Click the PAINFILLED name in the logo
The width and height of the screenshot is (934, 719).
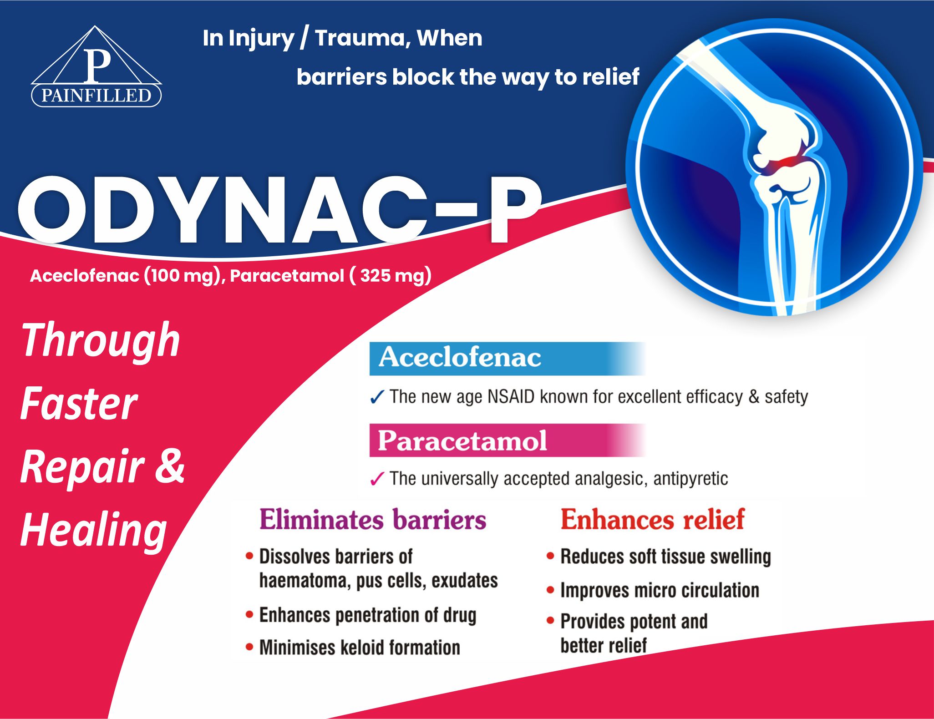(96, 96)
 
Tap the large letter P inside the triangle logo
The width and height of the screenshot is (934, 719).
(97, 65)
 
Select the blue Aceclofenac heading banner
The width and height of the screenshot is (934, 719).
(507, 358)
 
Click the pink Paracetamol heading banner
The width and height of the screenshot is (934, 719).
(507, 440)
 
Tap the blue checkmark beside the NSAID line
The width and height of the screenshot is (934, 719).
(377, 397)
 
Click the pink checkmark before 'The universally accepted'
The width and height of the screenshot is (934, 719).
(377, 479)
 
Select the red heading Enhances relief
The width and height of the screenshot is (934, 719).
(652, 519)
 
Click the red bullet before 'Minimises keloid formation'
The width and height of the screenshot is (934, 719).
(249, 647)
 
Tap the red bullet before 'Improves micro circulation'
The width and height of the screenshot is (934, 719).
(550, 590)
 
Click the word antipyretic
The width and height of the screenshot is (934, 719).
(690, 479)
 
